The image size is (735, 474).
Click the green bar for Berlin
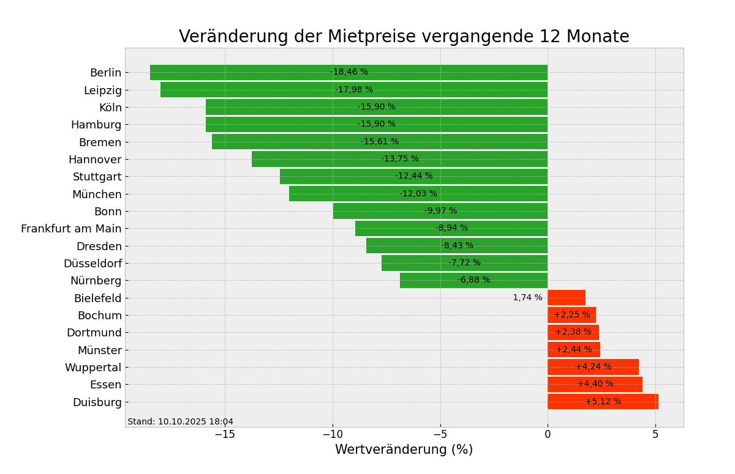[x=245, y=72]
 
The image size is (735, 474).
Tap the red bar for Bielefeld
[x=567, y=298]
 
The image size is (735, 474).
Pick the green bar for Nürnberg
[x=429, y=280]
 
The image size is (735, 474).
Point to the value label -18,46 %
[x=349, y=72]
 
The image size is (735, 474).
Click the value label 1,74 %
[x=527, y=298]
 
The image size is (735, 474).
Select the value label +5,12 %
[x=603, y=402]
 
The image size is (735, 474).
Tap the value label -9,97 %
[x=440, y=211]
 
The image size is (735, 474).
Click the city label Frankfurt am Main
[x=71, y=229]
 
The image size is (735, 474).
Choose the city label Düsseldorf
[x=92, y=264]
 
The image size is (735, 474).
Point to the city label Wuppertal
[x=93, y=368]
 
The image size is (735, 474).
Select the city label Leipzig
[x=103, y=91]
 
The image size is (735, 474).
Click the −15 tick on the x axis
[x=225, y=434]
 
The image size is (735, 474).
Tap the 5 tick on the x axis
[x=655, y=434]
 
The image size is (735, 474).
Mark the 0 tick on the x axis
[x=548, y=434]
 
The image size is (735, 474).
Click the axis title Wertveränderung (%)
[x=404, y=450]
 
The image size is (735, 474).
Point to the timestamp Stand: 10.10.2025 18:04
[x=180, y=422]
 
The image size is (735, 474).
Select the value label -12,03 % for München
[x=418, y=194]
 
